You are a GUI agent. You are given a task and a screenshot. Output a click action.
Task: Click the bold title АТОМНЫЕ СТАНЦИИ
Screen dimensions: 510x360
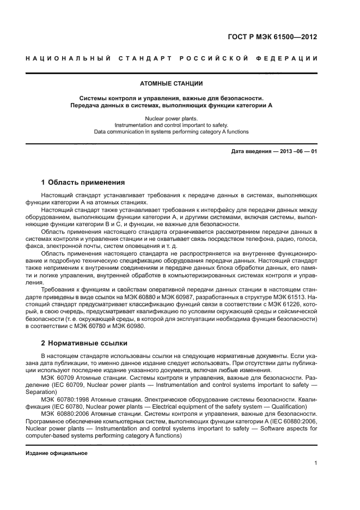tap(171, 84)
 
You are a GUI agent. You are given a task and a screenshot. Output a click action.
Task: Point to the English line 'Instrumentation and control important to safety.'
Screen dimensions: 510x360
tap(171, 125)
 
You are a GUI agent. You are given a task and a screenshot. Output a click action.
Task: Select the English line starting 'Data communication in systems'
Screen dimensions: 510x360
tap(171, 131)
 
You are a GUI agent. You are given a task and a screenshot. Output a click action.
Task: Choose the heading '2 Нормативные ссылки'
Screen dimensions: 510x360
tap(84, 343)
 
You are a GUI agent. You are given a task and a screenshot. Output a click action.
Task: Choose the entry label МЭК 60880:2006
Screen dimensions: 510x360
tap(64, 413)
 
